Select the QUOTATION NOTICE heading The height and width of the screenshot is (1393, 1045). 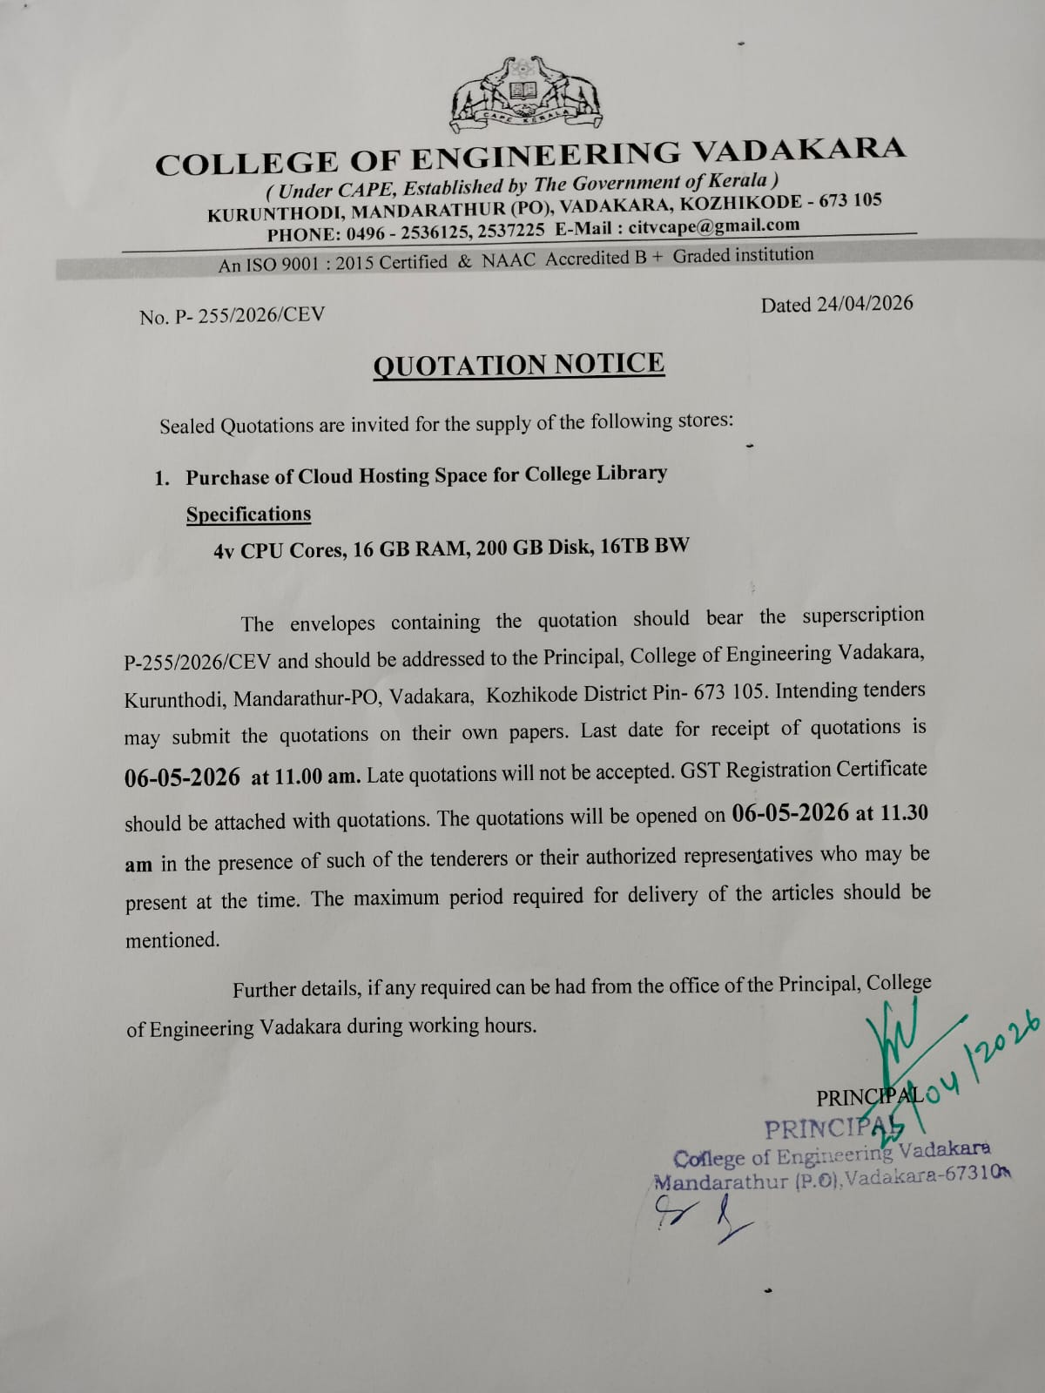tap(519, 364)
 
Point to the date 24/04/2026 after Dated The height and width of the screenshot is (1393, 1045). tap(864, 304)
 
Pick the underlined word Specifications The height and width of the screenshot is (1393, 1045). tap(248, 515)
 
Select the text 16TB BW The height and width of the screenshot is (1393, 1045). tap(644, 546)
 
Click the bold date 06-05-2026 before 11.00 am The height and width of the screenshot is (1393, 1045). tap(182, 777)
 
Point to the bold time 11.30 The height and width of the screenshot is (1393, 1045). tap(904, 812)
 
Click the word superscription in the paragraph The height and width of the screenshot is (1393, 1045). tap(863, 615)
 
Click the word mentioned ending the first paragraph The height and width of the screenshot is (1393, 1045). tap(172, 940)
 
